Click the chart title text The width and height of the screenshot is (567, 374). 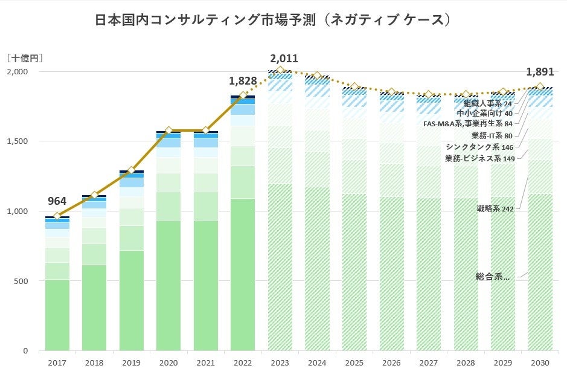[x=274, y=20]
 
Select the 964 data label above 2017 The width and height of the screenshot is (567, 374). [x=57, y=202]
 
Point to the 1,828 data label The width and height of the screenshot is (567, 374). [x=243, y=81]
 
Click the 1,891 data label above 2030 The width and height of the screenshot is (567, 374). [x=540, y=71]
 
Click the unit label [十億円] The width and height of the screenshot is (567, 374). [x=25, y=59]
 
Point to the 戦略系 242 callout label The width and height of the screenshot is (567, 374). [x=495, y=209]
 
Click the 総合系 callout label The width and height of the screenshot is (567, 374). [x=492, y=277]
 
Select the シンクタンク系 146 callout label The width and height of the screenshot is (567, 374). [x=479, y=147]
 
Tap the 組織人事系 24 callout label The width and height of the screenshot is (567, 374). [x=487, y=103]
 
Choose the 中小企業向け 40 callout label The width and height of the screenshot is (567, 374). [x=484, y=113]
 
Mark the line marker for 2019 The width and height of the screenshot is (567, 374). [x=131, y=170]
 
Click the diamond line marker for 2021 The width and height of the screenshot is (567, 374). [x=205, y=130]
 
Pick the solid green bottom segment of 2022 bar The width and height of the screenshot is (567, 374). [x=243, y=275]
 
